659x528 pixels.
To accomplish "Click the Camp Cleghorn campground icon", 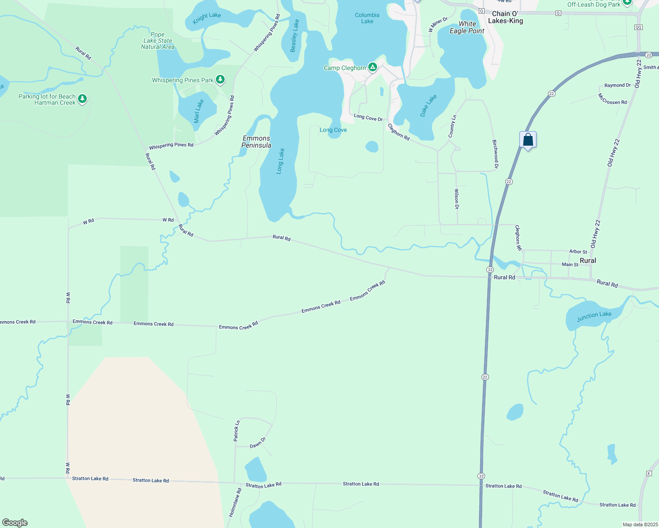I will pos(373,67).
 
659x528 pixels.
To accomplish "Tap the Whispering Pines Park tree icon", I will pos(220,80).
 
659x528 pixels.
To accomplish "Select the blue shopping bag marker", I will pos(528,140).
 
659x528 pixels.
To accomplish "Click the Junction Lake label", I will pos(594,315).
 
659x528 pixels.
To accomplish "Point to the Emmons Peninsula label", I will pos(256,142).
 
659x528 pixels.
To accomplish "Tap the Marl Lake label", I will pos(199,111).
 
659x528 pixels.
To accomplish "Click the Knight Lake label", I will pos(207,18).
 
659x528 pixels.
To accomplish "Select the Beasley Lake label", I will pos(294,36).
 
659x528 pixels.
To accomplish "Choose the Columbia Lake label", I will pos(367,18).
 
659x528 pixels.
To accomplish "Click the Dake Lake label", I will pos(428,106).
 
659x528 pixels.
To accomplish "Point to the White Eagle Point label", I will pos(467,27).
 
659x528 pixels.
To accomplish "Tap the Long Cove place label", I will pos(333,130).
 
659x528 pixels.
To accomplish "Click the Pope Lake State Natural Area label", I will pos(158,40).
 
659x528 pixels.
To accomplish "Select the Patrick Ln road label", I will pos(237,431).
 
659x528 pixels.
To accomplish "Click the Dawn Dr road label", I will pos(258,443).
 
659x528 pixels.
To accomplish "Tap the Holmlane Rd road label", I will pos(235,502).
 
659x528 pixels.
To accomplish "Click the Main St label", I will pos(570,264).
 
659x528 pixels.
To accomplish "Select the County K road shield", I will pos(649,473).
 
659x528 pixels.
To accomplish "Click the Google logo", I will pos(15,523).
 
